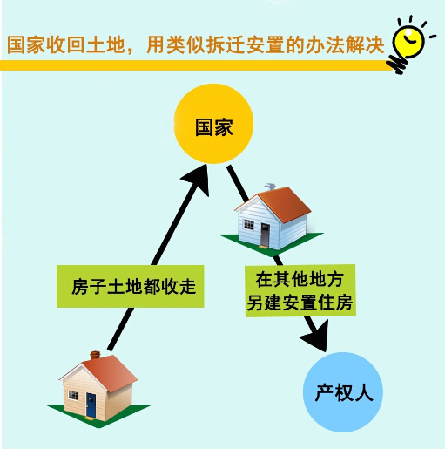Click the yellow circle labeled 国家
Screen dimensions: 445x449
tap(213, 124)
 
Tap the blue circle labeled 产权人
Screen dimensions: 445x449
tap(343, 392)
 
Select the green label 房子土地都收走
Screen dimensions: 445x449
tap(131, 286)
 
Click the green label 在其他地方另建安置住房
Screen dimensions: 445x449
tap(300, 290)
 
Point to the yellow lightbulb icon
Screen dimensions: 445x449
tap(408, 41)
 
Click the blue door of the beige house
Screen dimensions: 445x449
tap(91, 405)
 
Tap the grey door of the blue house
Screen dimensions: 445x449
tap(265, 235)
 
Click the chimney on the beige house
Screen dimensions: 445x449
tap(95, 356)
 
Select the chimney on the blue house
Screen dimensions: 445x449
tap(270, 187)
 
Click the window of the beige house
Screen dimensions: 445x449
tap(73, 395)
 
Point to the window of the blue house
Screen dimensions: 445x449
tap(248, 224)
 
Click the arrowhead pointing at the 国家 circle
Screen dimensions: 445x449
tap(198, 179)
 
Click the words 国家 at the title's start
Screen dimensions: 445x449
tap(26, 44)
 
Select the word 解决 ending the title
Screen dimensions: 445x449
tap(365, 44)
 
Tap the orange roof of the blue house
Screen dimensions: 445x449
tap(285, 204)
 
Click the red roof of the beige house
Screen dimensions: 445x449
tap(111, 373)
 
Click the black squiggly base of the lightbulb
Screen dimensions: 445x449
tap(396, 64)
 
